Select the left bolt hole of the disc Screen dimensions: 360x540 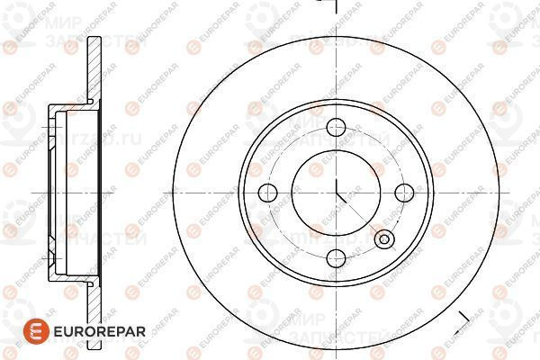click(x=267, y=191)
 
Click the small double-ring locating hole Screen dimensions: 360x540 click(x=385, y=239)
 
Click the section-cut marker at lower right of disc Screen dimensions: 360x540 click(x=463, y=317)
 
